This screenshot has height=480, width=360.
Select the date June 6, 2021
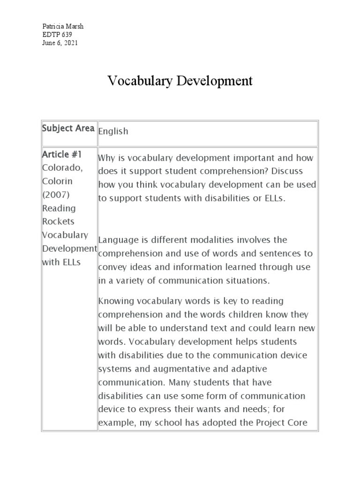point(60,43)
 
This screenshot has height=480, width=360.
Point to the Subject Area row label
point(68,128)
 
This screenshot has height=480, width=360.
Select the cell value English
point(113,131)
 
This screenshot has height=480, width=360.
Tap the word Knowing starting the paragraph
point(115,300)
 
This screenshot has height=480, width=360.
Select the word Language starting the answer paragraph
point(118,240)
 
